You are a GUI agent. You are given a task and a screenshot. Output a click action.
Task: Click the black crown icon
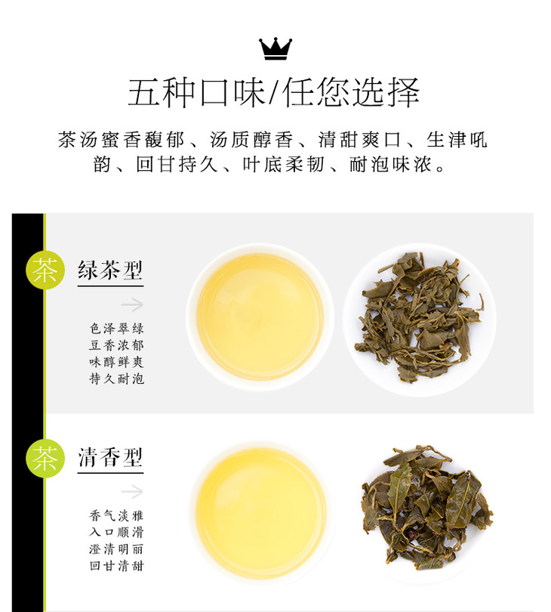[x=275, y=49]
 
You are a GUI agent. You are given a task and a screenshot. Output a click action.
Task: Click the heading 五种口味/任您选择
[x=274, y=92]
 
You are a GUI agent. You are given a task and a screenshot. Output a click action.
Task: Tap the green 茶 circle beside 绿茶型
[x=45, y=270]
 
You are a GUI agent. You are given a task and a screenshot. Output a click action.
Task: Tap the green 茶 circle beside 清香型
[x=45, y=458]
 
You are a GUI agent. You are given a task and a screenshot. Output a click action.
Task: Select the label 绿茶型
[x=110, y=270]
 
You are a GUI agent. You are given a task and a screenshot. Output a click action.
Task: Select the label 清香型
[x=110, y=457]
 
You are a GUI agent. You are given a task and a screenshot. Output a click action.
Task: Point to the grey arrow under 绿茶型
[x=132, y=304]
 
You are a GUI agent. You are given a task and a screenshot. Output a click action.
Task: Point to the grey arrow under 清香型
[x=132, y=492]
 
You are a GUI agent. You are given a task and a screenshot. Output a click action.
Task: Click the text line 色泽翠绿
[x=116, y=328]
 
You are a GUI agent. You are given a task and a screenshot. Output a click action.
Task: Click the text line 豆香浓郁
[x=116, y=345]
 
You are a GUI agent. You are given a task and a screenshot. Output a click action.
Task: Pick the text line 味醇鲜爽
[x=116, y=362]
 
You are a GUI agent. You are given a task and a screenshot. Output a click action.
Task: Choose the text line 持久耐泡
[x=116, y=379]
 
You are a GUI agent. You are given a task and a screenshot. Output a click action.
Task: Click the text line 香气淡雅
[x=116, y=515]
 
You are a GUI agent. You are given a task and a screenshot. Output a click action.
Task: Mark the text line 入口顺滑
[x=116, y=533]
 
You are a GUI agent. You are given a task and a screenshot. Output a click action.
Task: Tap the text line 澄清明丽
[x=116, y=549]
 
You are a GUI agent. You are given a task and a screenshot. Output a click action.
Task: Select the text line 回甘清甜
[x=116, y=566]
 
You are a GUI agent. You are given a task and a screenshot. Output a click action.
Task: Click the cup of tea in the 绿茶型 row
[x=260, y=317]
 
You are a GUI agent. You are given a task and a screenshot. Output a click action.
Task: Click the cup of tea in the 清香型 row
[x=261, y=513]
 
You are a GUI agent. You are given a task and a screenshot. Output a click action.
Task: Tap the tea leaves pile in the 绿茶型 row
[x=418, y=317]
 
